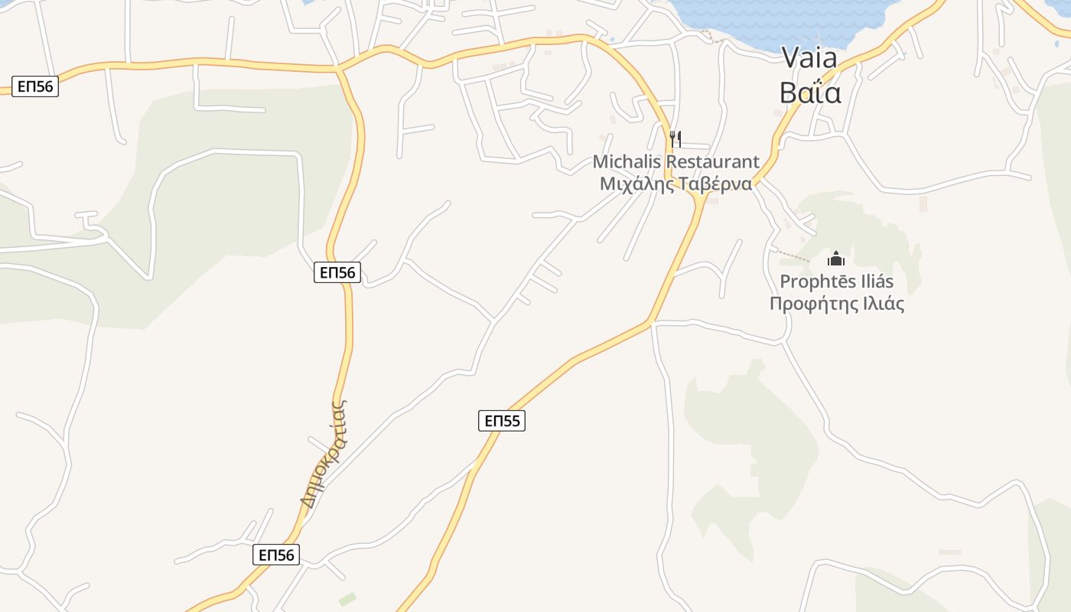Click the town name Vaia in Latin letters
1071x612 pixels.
tap(809, 58)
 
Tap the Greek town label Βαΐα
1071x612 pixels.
tap(810, 92)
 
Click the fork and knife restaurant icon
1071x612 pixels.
tap(675, 138)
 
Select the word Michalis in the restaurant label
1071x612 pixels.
tap(627, 162)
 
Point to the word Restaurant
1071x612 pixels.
tap(712, 162)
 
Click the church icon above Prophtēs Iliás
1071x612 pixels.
tap(836, 259)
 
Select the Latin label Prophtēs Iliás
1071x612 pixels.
tap(836, 281)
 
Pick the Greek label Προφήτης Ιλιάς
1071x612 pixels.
tap(836, 304)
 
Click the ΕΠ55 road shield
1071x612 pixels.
tap(502, 420)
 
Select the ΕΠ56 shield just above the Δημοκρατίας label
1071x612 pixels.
tap(337, 272)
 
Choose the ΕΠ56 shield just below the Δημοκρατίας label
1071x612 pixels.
tap(276, 555)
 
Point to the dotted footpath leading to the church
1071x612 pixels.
tap(796, 255)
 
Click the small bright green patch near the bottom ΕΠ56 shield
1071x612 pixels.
tap(347, 598)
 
